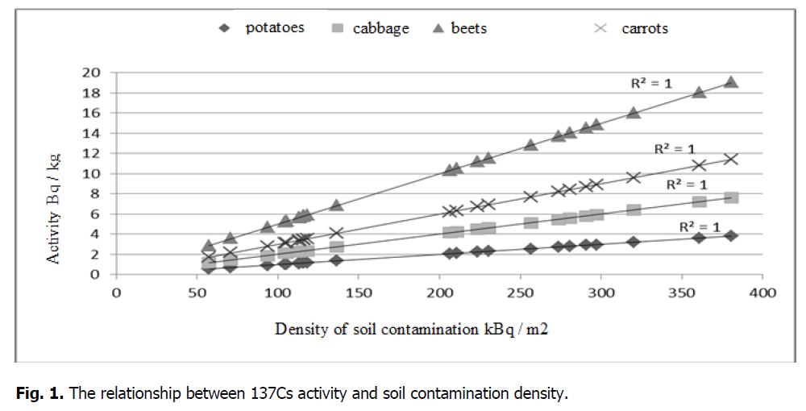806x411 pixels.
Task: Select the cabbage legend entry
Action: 371,28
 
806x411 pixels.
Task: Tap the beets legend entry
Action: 459,28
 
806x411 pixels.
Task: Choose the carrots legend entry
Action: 634,28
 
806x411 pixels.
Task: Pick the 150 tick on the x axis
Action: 359,293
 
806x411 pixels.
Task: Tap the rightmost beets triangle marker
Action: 731,81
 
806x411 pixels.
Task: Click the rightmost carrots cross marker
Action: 731,159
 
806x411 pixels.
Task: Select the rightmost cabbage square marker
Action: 731,197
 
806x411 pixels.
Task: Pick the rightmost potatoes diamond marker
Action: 731,235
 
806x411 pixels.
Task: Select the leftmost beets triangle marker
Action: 209,245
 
